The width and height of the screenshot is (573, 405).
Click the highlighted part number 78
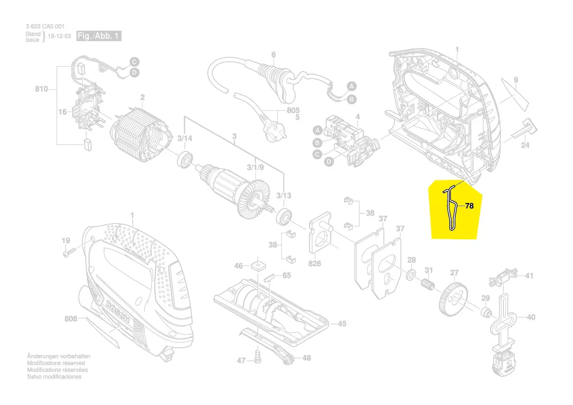[469, 206]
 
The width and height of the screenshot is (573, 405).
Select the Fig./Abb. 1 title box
[99, 36]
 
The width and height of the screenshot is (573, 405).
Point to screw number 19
[68, 253]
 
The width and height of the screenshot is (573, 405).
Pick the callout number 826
[315, 264]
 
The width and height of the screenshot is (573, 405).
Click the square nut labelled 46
[256, 266]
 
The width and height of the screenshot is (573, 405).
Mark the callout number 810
[42, 89]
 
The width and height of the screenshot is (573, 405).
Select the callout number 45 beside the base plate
[342, 324]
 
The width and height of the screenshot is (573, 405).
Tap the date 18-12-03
[59, 37]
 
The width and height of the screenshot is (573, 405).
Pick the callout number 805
[293, 111]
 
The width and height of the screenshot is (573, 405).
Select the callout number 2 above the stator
[142, 97]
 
